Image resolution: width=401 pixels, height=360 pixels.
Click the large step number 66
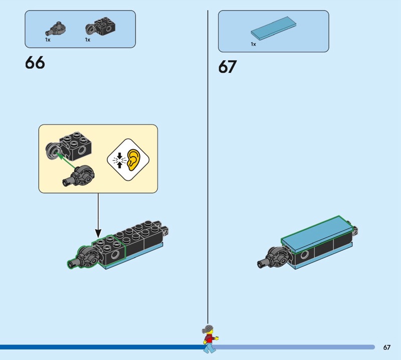[x=35, y=63]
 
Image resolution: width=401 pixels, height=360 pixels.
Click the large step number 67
[x=228, y=67]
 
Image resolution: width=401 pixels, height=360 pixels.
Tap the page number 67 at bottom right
[x=386, y=347]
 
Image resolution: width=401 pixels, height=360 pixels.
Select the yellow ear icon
[x=134, y=160]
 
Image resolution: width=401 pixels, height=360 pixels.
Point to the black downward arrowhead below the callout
[x=98, y=233]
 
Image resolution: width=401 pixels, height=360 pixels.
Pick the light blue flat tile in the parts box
[x=273, y=29]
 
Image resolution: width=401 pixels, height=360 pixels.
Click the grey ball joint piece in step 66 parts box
[x=56, y=29]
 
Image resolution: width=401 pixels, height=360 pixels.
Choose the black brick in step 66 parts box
[x=100, y=27]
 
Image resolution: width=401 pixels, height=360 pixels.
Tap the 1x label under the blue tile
[x=253, y=44]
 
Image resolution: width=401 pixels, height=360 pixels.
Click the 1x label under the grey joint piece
[x=48, y=40]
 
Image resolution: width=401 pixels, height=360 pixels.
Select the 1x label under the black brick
[x=88, y=40]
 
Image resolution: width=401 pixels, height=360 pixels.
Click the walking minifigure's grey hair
[x=208, y=329]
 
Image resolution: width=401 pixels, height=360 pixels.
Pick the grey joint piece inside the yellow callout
[x=79, y=176]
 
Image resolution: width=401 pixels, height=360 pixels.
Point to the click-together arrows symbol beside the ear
[x=119, y=160]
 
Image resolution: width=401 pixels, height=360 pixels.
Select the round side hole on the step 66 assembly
[x=115, y=254]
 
